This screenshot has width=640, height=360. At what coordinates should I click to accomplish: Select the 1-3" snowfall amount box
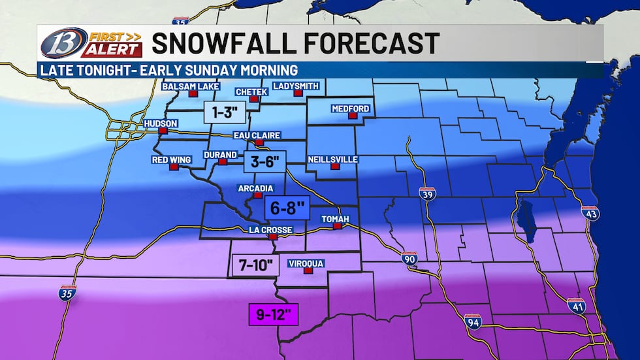pos(225,113)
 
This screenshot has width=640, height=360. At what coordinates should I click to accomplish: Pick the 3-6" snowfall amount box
pos(264,161)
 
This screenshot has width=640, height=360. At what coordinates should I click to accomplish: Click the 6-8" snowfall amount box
pos(285,208)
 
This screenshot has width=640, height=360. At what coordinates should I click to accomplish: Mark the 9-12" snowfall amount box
pos(274,315)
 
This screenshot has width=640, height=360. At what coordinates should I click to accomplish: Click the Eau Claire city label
pos(257,135)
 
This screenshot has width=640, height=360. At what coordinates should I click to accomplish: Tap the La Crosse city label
pos(270,230)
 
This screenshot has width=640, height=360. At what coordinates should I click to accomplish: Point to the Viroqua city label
pos(306,264)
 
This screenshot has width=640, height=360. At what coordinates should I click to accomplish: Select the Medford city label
pos(350,108)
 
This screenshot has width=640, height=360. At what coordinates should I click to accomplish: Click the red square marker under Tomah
pos(338,227)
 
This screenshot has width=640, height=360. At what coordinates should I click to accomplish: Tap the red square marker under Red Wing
pos(174,167)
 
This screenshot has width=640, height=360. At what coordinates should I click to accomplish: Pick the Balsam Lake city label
pos(191,86)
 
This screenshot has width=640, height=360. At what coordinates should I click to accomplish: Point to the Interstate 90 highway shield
pos(409,257)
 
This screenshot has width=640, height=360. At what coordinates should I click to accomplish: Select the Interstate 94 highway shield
pos(473,321)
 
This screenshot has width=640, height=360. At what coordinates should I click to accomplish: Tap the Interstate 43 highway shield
pos(589,212)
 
